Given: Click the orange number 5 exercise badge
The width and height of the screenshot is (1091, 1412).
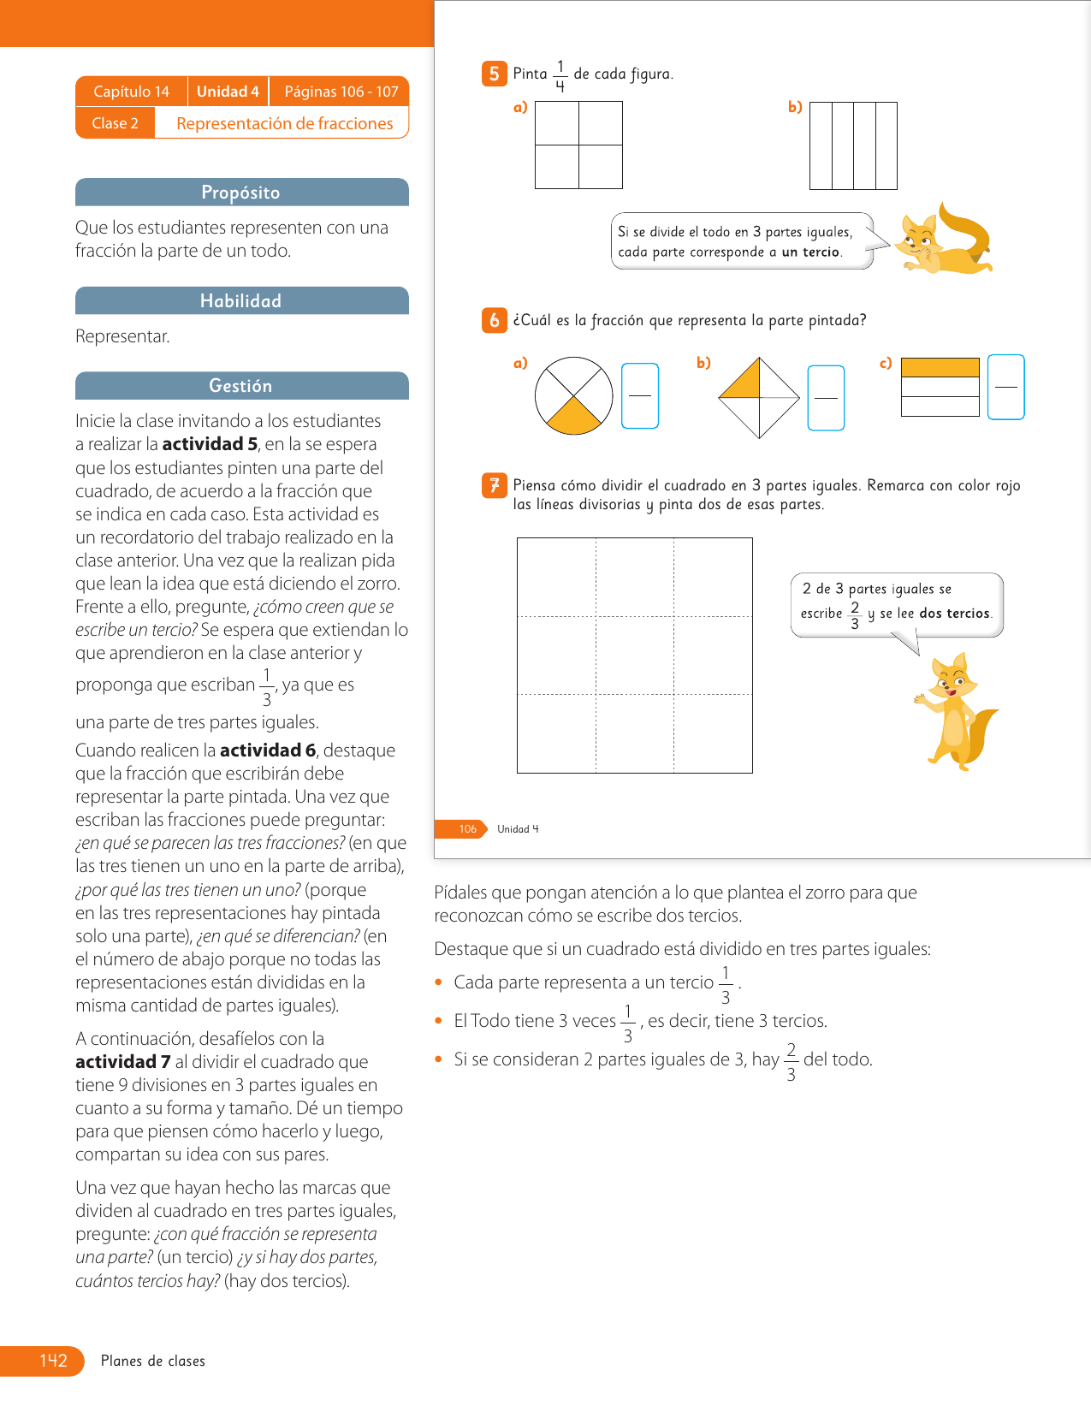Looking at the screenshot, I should click(x=494, y=74).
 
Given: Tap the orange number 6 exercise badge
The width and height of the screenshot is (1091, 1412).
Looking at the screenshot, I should click(x=494, y=320).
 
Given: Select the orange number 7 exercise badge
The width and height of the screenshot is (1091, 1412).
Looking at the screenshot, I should click(x=494, y=486).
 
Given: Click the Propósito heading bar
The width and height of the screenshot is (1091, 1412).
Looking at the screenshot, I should click(x=241, y=193).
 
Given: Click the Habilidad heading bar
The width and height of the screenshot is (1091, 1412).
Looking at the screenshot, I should click(x=241, y=300).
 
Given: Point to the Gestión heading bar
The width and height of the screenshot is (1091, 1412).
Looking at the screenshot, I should click(x=241, y=386).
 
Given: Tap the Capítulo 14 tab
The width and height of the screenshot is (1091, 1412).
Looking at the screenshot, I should click(x=131, y=92).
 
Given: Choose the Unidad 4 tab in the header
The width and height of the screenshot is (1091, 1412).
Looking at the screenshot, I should click(x=228, y=92).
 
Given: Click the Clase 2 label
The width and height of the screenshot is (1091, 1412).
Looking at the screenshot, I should click(x=115, y=123).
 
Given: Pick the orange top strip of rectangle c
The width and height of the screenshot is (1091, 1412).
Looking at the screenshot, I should click(x=940, y=367).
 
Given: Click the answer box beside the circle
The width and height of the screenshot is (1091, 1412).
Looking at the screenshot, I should click(x=639, y=395).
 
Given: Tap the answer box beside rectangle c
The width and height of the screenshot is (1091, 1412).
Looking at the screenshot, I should click(x=1005, y=387).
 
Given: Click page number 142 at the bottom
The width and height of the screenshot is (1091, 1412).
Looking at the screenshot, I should click(x=53, y=1361).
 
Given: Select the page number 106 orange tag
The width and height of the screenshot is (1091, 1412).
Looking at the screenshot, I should click(x=467, y=828).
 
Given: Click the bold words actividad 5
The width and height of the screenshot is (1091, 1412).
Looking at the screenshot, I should click(x=210, y=444).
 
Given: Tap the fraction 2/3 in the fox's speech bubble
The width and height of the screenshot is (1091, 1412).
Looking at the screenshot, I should click(x=854, y=614).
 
